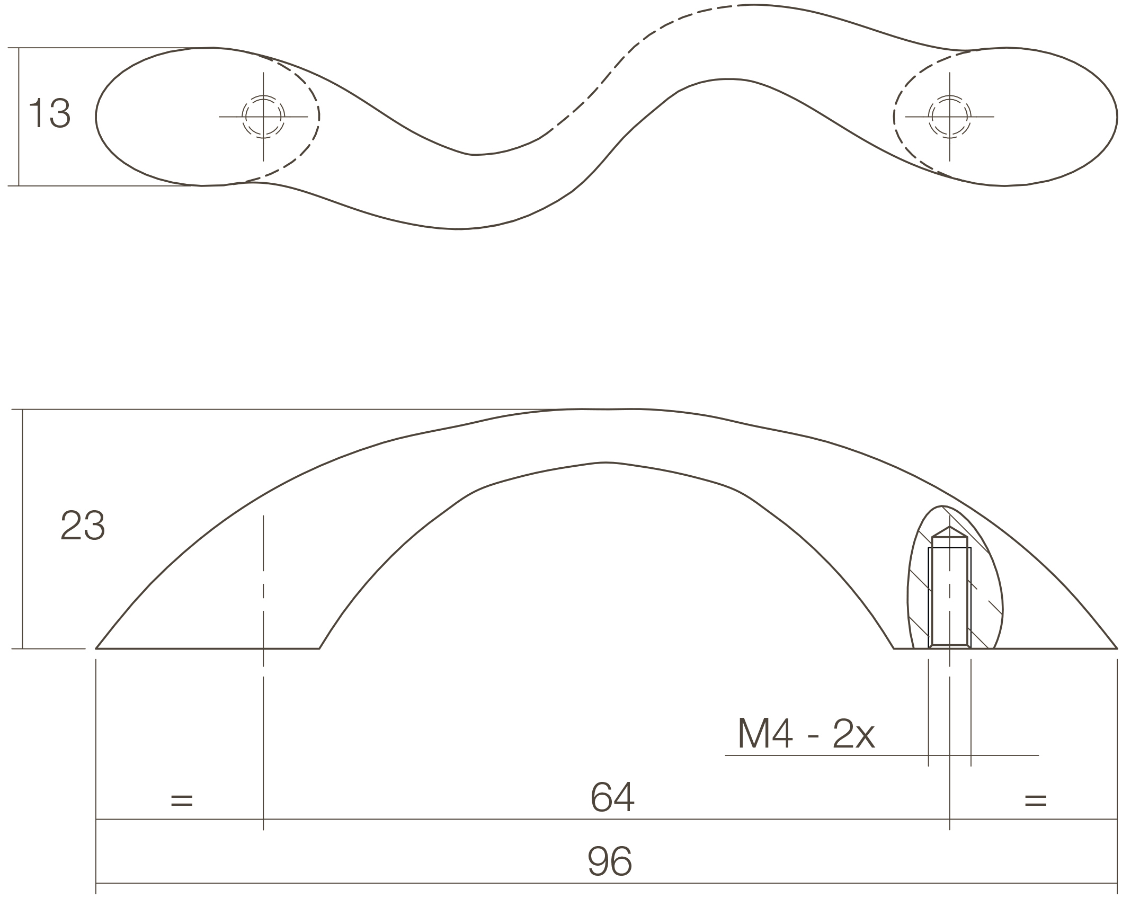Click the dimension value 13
coord(49,113)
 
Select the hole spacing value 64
coord(612,797)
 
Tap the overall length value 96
coord(610,861)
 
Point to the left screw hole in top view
coord(263,117)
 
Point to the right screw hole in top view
coord(949,117)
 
